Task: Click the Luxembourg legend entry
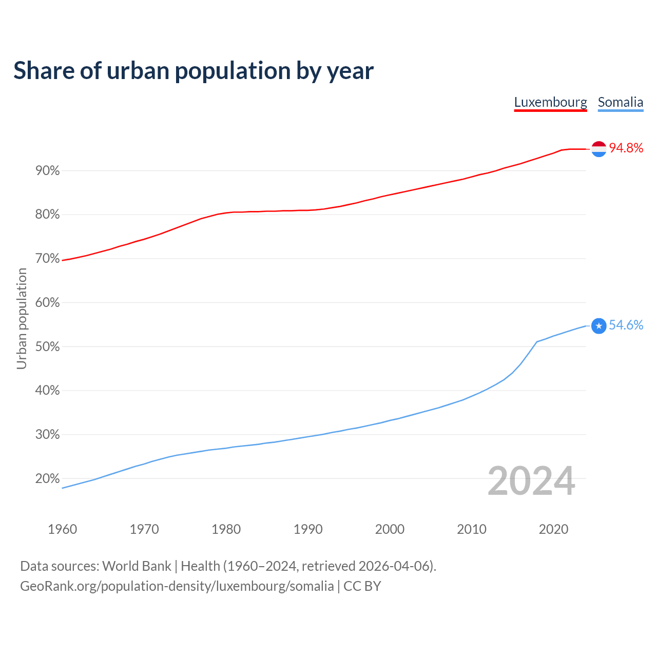(x=550, y=102)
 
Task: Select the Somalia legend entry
(x=620, y=102)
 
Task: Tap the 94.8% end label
(x=626, y=148)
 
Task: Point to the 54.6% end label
(x=626, y=325)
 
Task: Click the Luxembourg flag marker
(x=599, y=149)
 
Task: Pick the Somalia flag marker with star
(x=599, y=326)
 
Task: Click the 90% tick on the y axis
(x=48, y=171)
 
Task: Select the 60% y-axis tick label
(x=48, y=303)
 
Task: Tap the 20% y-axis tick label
(x=48, y=479)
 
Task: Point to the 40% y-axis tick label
(x=48, y=391)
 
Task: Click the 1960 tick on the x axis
(x=62, y=529)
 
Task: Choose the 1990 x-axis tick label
(x=308, y=529)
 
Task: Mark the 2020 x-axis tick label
(x=553, y=529)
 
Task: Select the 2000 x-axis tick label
(x=390, y=529)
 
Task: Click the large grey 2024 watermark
(x=531, y=481)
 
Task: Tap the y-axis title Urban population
(x=22, y=318)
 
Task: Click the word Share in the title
(x=43, y=71)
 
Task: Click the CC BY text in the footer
(x=362, y=586)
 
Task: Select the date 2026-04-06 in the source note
(x=393, y=566)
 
